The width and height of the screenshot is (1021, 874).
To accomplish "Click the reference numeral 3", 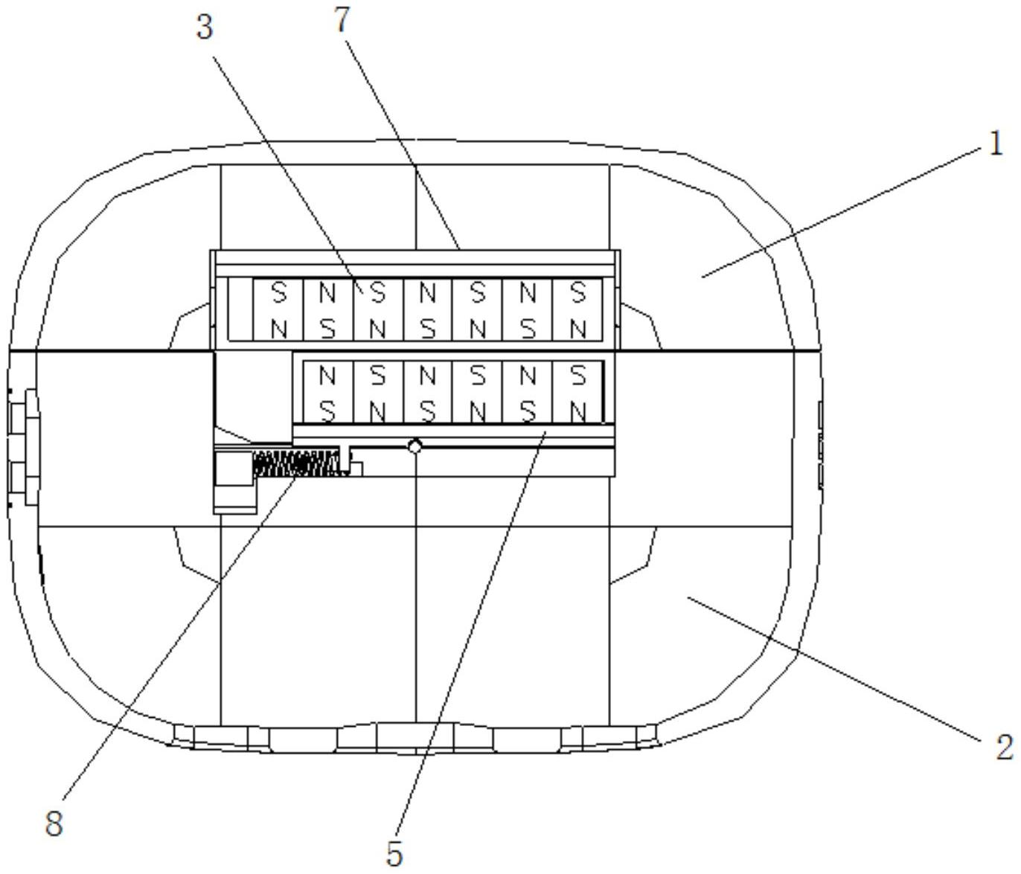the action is [x=204, y=28].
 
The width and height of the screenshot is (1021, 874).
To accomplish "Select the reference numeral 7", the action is [x=342, y=20].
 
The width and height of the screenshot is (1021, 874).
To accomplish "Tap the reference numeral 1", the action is [x=996, y=144].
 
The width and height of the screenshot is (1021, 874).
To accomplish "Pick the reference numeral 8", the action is [x=54, y=823].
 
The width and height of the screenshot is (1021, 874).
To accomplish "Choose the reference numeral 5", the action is [x=394, y=854].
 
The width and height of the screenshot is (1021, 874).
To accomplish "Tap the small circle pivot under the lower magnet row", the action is [x=415, y=446].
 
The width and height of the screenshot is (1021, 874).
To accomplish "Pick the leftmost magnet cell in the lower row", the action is [x=327, y=393].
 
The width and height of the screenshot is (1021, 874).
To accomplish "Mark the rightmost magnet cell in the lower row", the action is [x=578, y=393].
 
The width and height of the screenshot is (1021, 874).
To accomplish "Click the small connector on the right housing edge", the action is [x=820, y=446].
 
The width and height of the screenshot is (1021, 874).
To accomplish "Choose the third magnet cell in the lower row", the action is [x=427, y=393].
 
